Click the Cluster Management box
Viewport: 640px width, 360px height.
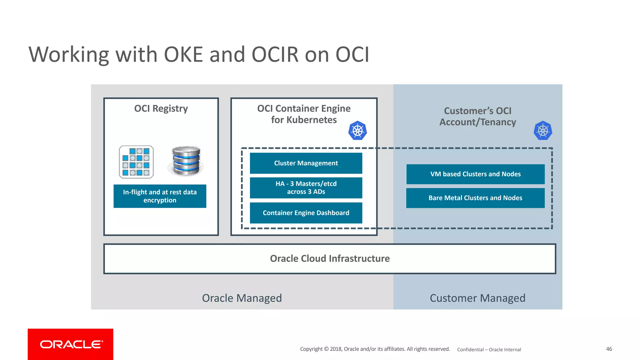tap(306, 163)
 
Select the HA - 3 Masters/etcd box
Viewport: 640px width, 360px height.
tap(306, 188)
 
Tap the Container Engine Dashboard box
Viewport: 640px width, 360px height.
tap(306, 213)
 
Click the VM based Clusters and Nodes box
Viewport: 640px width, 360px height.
tap(475, 174)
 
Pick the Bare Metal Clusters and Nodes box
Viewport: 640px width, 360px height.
tap(475, 198)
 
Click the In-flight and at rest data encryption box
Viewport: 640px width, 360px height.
tap(160, 196)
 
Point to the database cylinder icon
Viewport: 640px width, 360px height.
tap(186, 161)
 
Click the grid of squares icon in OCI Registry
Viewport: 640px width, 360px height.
tap(136, 162)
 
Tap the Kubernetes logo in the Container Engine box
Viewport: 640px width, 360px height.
tap(357, 131)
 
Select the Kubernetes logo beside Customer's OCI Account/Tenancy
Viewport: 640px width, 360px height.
tap(543, 131)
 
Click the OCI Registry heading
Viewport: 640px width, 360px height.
tap(161, 108)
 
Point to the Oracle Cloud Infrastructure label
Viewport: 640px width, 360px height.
tap(330, 258)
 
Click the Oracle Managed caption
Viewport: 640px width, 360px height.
tap(242, 298)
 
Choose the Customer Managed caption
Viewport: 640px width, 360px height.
tap(477, 298)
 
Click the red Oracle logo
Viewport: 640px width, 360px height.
tap(71, 344)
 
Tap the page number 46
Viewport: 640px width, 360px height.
tap(609, 349)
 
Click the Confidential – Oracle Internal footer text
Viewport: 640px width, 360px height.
tap(489, 349)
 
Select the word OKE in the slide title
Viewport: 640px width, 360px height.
tap(183, 55)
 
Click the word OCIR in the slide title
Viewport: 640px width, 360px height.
tap(275, 55)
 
